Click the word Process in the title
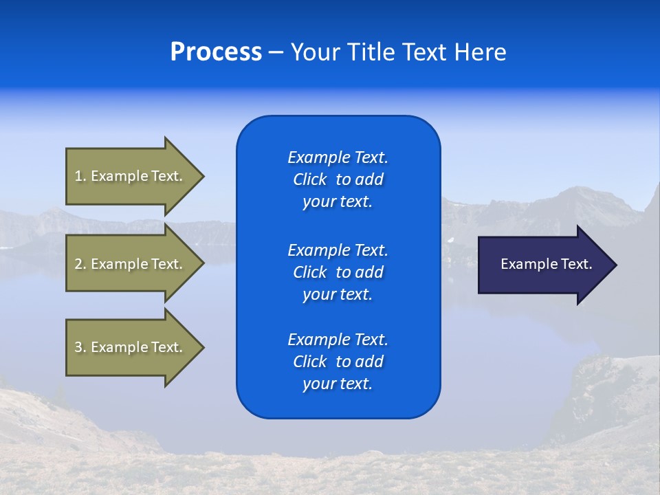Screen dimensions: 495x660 (x=216, y=52)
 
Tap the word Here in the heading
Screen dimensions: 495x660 (x=480, y=52)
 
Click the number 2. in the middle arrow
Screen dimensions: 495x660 (x=80, y=264)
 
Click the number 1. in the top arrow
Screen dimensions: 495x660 (x=80, y=176)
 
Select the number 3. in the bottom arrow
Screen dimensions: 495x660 (x=80, y=347)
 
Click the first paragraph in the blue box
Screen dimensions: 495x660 (x=338, y=179)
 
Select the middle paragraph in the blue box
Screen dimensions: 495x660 (x=338, y=272)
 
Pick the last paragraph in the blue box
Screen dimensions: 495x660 (x=338, y=362)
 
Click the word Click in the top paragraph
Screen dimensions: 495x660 (x=310, y=179)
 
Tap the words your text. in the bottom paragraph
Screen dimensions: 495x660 (x=338, y=384)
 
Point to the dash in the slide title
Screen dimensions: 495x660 (x=276, y=53)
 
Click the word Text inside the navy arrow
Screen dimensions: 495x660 (x=576, y=264)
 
